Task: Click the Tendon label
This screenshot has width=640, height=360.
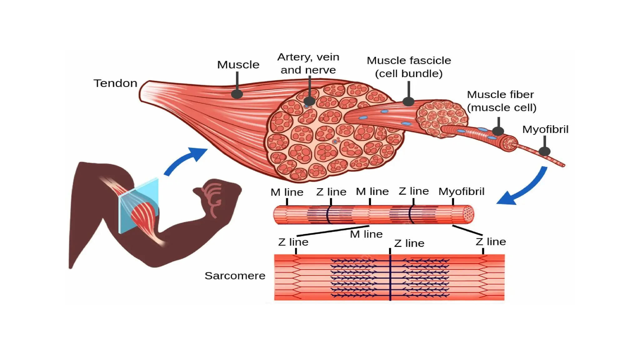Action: coord(115,83)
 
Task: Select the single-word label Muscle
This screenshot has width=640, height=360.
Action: coord(238,65)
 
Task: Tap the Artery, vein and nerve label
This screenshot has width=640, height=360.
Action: coord(308,63)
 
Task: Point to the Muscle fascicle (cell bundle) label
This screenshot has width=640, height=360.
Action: coord(409,67)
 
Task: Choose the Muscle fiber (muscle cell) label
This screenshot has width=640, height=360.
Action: coord(501,101)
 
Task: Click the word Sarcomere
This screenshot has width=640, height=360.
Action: coord(235,276)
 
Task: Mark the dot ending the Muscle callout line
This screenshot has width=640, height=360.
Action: coord(237,94)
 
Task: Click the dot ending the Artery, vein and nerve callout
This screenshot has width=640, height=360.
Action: coord(309,101)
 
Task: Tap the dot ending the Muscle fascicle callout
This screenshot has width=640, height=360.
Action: coord(408,101)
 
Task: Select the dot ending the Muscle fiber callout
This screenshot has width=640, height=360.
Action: coord(498,131)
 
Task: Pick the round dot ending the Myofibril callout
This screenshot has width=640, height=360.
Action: coord(544,152)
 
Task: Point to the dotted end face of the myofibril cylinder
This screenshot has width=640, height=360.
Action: coord(468,214)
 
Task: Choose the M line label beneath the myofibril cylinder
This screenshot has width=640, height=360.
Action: coord(366,234)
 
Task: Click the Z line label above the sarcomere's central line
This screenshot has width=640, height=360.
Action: coord(409,243)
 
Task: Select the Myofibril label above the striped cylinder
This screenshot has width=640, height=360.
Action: coord(461,191)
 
